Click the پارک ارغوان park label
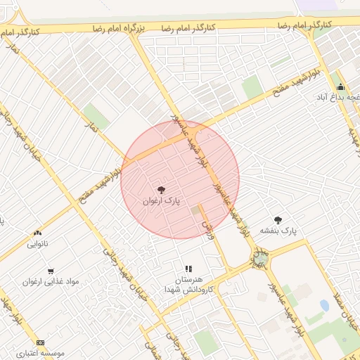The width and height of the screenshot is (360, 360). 161,201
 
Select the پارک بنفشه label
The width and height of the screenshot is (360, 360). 279,230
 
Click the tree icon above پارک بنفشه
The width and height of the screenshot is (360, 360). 278,219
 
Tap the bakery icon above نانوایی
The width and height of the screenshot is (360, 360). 37,233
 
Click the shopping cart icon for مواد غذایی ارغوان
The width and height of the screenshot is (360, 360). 51,271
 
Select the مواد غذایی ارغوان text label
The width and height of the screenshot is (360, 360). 50,282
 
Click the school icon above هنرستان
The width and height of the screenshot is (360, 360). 188,269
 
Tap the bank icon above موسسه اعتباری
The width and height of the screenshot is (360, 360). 39,342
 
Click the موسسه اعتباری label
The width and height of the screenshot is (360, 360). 41,352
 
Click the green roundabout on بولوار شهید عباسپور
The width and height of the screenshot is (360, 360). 261,260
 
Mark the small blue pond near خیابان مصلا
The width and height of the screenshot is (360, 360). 324,305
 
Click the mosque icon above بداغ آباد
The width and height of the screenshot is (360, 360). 341,87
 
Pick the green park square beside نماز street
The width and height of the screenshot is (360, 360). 97,117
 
